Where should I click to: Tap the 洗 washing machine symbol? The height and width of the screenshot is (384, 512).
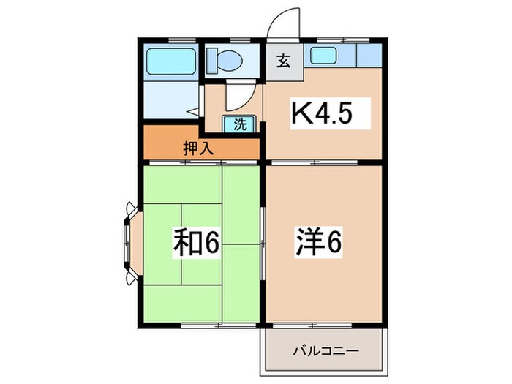pos(240,124)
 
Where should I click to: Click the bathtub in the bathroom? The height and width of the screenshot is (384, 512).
pos(170,61)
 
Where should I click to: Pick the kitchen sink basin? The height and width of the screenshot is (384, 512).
pos(322,54)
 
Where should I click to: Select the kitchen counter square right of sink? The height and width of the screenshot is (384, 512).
pos(369,55)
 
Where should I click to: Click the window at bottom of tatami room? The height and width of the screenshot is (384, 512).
pos(201,323)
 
